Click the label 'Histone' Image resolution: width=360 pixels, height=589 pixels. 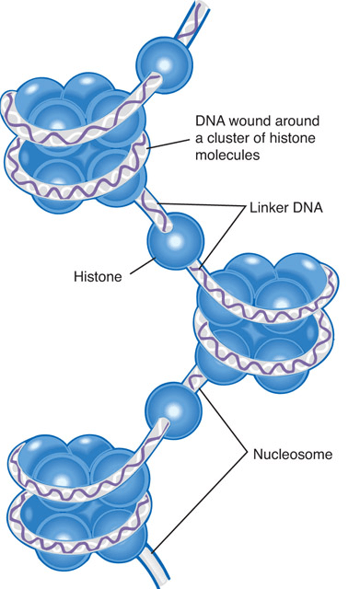pyautogui.click(x=98, y=277)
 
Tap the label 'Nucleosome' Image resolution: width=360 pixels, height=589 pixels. pyautogui.click(x=293, y=454)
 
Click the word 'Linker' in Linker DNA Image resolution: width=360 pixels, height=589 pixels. pyautogui.click(x=267, y=207)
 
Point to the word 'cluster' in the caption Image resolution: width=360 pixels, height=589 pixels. pyautogui.click(x=228, y=138)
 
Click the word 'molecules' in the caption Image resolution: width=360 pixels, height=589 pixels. pyautogui.click(x=227, y=155)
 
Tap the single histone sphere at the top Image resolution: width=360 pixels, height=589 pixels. pyautogui.click(x=164, y=65)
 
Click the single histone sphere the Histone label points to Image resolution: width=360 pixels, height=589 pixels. pyautogui.click(x=176, y=241)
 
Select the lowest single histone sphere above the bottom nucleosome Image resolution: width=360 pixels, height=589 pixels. pyautogui.click(x=173, y=410)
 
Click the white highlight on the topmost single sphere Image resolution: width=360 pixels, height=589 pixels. pyautogui.click(x=165, y=64)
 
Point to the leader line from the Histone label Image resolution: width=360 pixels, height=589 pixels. pyautogui.click(x=144, y=266)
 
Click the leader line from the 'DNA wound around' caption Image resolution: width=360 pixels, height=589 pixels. pyautogui.click(x=168, y=144)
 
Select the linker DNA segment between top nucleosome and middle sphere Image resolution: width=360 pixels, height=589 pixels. pyautogui.click(x=156, y=209)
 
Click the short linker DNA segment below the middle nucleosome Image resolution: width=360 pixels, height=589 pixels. pyautogui.click(x=195, y=378)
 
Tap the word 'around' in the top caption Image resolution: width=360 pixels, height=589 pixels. pyautogui.click(x=297, y=121)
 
